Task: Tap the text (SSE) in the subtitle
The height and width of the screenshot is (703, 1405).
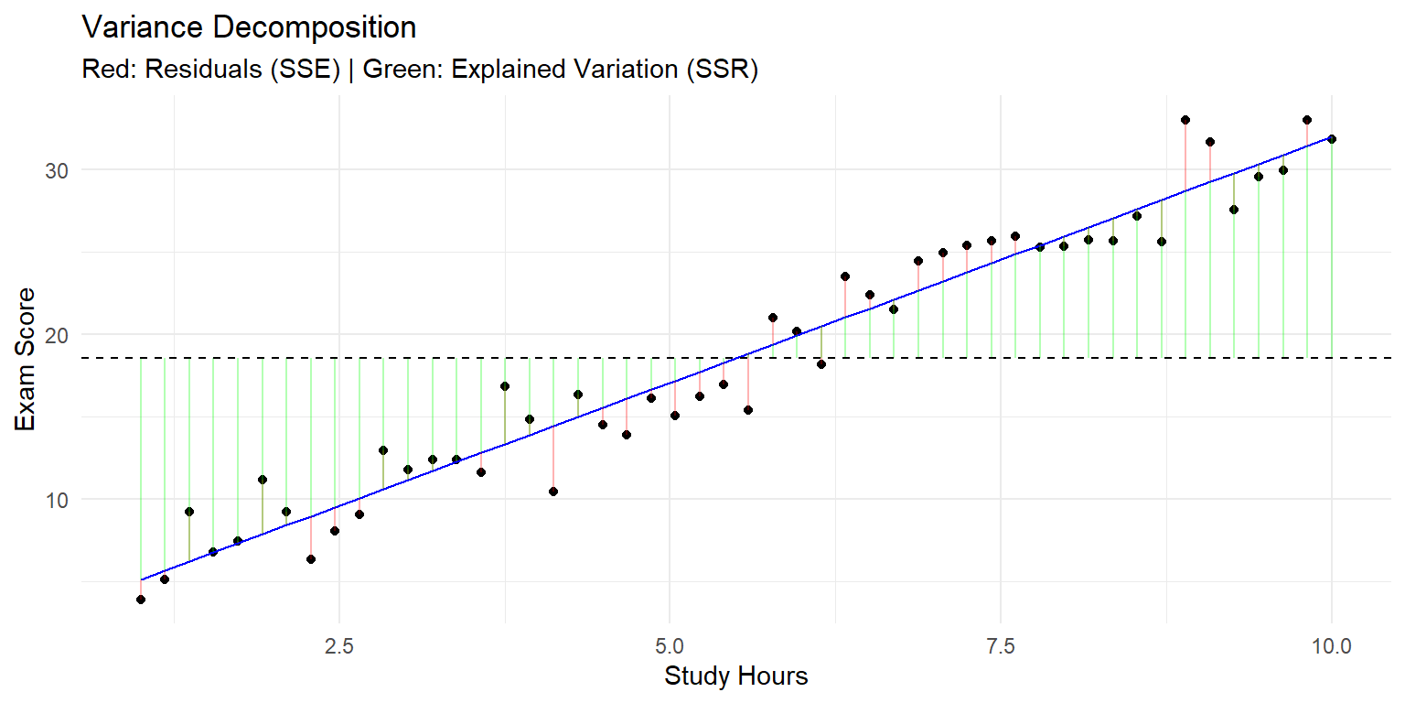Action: (x=306, y=69)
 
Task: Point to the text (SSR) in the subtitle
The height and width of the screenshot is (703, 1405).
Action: (x=723, y=69)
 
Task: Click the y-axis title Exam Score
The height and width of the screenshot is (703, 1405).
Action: (x=25, y=360)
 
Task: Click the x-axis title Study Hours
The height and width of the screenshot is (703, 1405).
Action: (x=735, y=676)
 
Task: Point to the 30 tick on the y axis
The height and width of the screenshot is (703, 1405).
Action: (x=57, y=170)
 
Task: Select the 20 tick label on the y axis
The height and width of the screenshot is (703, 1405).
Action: (x=57, y=335)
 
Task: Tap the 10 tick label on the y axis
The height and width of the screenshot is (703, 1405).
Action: (x=57, y=501)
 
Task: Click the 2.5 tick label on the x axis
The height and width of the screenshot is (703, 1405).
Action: (x=339, y=646)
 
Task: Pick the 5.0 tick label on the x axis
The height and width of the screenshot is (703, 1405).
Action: (x=670, y=646)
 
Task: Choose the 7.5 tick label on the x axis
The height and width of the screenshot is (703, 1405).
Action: (x=1001, y=646)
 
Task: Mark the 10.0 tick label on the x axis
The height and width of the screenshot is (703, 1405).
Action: (x=1332, y=646)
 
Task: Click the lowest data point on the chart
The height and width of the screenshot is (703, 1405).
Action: (x=141, y=600)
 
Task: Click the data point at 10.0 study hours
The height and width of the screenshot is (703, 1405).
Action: (x=1332, y=139)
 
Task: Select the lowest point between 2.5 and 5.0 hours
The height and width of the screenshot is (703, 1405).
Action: (x=553, y=492)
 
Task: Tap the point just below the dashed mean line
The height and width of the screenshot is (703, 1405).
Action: (x=821, y=364)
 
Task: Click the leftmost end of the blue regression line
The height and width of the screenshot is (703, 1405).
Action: (x=141, y=580)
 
